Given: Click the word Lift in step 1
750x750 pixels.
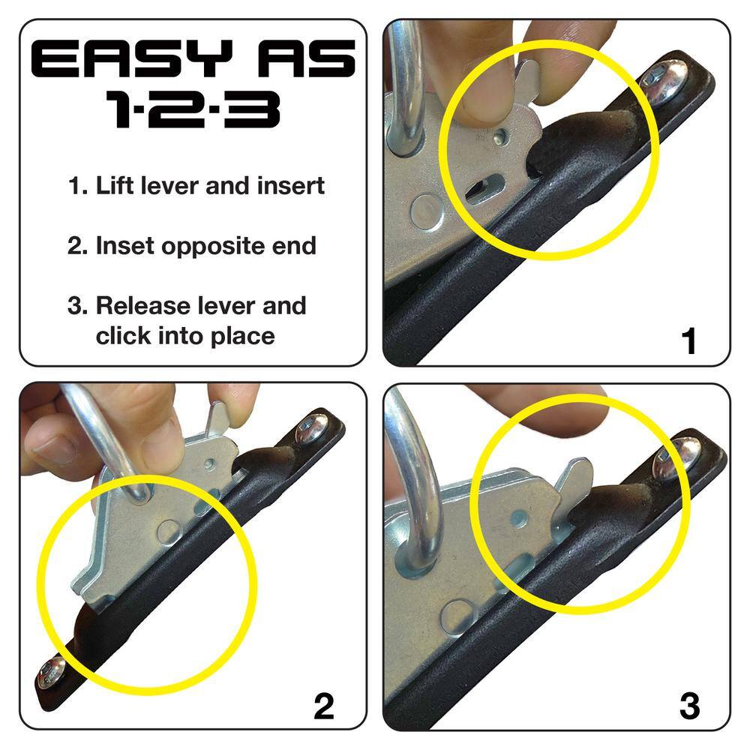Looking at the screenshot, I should (114, 185).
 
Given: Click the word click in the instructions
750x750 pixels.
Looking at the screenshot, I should (121, 335).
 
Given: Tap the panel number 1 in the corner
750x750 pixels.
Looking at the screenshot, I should (688, 341).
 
